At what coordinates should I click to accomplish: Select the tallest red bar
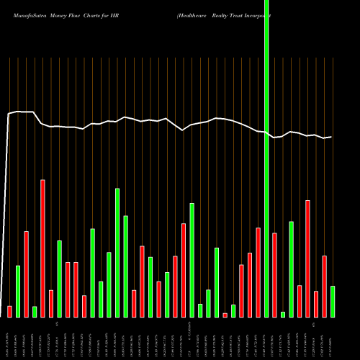(42, 248)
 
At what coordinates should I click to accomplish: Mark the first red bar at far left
(9, 311)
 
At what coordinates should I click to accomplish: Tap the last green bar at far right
(333, 301)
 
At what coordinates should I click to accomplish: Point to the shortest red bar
(225, 315)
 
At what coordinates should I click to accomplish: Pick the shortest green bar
(283, 314)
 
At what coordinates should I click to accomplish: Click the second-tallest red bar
(307, 258)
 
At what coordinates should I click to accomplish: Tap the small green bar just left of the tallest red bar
(34, 311)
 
